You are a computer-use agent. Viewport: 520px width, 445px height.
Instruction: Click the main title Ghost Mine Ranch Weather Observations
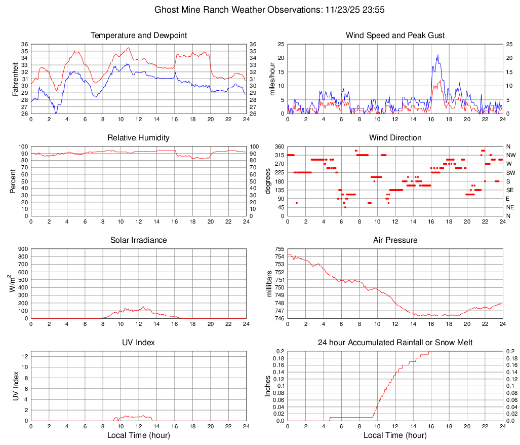click(260, 10)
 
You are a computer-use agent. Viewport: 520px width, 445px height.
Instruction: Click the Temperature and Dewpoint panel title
click(139, 35)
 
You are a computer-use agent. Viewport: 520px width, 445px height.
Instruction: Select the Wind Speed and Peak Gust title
click(395, 35)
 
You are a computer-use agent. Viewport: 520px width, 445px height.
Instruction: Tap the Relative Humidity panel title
click(139, 138)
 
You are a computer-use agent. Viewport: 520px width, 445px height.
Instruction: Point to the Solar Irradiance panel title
click(139, 240)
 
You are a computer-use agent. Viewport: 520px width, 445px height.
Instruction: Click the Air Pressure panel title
click(395, 240)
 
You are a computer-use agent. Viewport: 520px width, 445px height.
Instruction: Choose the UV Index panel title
click(139, 343)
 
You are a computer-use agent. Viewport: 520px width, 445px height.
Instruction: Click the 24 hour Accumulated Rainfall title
click(395, 343)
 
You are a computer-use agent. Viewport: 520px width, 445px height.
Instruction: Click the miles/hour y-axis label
click(271, 79)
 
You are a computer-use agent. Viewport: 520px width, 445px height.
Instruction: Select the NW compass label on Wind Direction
click(511, 155)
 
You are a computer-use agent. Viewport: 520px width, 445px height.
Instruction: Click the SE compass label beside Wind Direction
click(510, 190)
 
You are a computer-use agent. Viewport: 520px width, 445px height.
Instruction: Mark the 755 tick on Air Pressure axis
click(279, 249)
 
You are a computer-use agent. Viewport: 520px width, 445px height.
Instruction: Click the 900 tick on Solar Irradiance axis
click(23, 249)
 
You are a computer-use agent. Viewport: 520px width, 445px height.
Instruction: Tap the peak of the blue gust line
click(437, 55)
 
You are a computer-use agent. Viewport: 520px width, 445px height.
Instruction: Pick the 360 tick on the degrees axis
click(279, 146)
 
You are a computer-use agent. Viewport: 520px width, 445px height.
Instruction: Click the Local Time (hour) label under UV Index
click(139, 435)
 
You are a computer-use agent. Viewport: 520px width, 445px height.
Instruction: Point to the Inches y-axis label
click(268, 386)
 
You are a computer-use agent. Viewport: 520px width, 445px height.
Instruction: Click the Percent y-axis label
click(13, 181)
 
